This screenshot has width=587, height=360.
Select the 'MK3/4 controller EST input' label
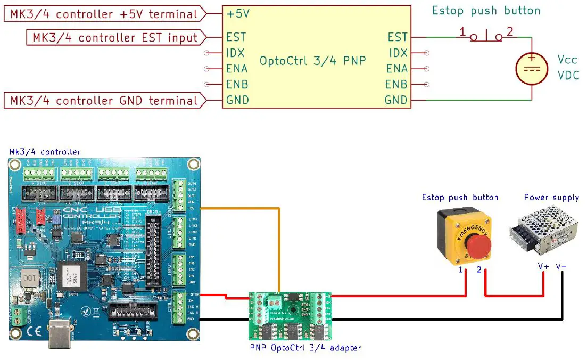pyautogui.click(x=115, y=38)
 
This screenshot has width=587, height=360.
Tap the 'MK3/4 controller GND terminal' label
pyautogui.click(x=104, y=100)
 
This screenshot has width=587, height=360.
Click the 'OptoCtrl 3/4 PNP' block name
pyautogui.click(x=312, y=61)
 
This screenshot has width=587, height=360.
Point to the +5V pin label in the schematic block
pyautogui.click(x=237, y=14)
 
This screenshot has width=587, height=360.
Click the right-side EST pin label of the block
pyautogui.click(x=397, y=37)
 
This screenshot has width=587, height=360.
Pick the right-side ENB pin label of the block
pyautogui.click(x=396, y=85)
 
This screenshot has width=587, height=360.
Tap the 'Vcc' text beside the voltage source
pyautogui.click(x=568, y=59)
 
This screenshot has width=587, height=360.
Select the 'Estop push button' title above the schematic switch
pyautogui.click(x=486, y=11)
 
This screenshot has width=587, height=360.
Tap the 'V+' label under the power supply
pyautogui.click(x=543, y=266)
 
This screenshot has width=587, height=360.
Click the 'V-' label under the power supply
pyautogui.click(x=561, y=266)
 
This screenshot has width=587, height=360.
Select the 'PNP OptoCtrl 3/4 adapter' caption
pyautogui.click(x=305, y=348)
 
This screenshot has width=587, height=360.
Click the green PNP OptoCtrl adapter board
pyautogui.click(x=290, y=317)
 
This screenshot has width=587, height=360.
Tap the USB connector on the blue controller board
pyautogui.click(x=62, y=334)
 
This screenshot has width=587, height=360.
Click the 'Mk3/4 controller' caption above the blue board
pyautogui.click(x=45, y=152)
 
